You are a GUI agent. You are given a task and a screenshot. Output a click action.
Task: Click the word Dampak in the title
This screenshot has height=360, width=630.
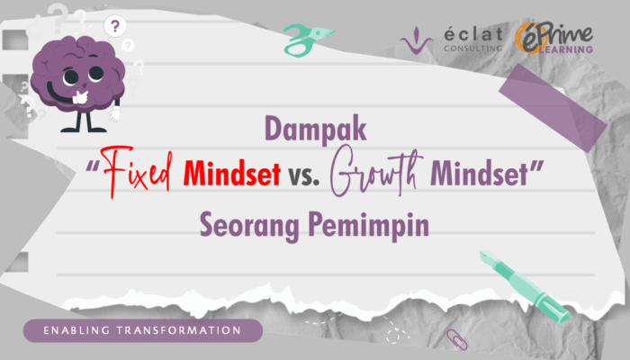316,129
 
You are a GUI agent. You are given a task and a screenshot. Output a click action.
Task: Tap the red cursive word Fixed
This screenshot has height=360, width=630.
137,171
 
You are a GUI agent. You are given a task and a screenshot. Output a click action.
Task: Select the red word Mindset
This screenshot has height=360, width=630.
231,173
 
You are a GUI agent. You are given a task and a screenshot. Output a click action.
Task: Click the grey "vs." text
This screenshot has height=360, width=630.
304,176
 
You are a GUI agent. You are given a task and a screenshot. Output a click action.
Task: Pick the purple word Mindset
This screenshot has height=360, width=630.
479,174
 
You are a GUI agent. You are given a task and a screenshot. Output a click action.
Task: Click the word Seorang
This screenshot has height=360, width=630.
249,225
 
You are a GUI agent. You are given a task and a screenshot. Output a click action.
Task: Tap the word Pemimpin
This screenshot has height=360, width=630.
368,225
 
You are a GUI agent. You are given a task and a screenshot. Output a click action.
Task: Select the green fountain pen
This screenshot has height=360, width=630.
525,286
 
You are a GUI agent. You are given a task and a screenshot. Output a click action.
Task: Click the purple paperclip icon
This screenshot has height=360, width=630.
457,339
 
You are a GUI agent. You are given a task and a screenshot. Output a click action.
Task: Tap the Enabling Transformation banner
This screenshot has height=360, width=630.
143,330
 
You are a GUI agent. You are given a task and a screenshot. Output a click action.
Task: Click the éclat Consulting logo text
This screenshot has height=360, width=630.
473,40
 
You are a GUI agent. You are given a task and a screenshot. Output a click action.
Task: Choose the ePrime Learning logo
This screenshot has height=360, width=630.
554,38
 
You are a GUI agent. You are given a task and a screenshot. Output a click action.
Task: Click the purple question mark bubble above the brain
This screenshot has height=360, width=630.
115,26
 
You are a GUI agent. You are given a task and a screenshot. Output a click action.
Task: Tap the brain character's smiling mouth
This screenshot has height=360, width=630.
60,94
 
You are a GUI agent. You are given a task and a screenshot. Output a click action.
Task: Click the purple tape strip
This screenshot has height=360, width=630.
553,108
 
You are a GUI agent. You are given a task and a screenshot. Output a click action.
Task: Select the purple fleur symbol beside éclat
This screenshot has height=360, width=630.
416,41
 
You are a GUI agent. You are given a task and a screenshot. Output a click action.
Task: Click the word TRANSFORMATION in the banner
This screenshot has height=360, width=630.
179,330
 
